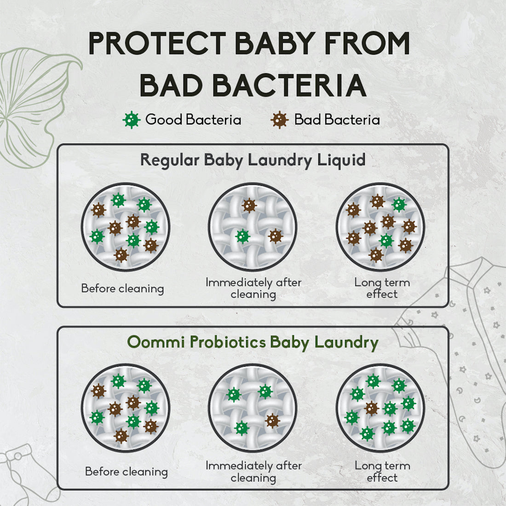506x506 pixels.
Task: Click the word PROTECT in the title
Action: coord(156,44)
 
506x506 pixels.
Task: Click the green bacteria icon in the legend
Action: coord(132,120)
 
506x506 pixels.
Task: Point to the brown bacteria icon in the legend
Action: coord(279,120)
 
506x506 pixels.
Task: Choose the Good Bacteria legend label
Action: coord(193,120)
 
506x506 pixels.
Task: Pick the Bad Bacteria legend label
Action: coord(337,120)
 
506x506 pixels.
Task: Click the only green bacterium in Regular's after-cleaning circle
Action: coord(242,236)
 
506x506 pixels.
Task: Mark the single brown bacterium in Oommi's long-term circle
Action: coord(372,408)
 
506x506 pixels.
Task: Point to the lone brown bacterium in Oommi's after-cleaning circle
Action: coord(272,420)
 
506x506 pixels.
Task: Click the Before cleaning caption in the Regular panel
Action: coord(122,288)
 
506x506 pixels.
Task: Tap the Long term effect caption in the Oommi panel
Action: coord(382,471)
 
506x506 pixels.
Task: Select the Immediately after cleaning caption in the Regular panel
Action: coord(253,288)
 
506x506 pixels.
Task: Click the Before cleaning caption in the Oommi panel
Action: coord(126,471)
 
